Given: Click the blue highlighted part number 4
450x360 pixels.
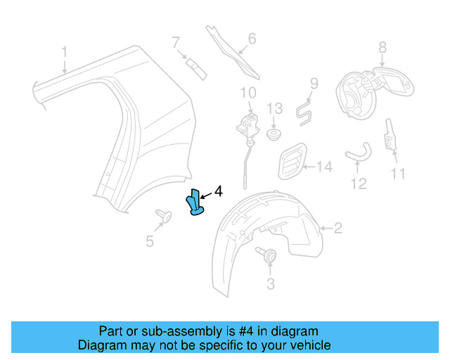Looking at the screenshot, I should (x=195, y=203).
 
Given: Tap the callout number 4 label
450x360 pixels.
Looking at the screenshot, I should (x=218, y=191).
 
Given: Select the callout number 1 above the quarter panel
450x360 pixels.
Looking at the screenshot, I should (x=64, y=52).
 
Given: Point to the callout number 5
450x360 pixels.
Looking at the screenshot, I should (x=150, y=241).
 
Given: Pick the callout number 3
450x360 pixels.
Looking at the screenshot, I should (x=269, y=283).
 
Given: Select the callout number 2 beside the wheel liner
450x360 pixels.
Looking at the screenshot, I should (x=337, y=228).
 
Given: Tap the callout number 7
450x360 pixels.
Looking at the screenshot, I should (x=176, y=44).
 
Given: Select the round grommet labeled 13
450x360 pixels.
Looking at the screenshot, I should (x=274, y=133).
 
